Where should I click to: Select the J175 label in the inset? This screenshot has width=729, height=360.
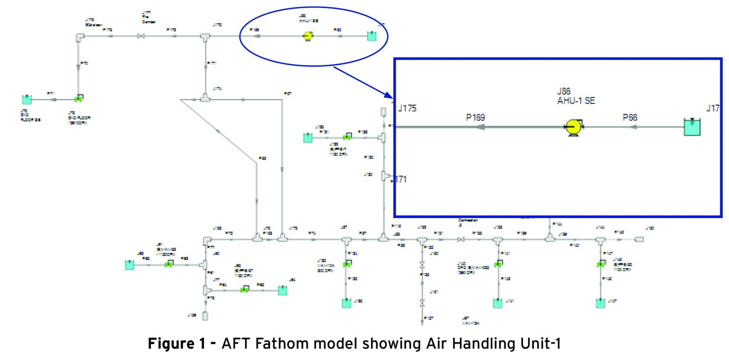coord(407,108)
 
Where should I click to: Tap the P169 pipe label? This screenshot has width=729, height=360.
coord(475,117)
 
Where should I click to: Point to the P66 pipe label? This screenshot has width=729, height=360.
coord(630,117)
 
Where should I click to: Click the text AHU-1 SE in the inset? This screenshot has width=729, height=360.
coord(576,101)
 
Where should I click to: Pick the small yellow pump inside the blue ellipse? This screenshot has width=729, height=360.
coord(307,36)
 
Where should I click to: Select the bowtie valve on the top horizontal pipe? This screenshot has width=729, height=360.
coord(140,36)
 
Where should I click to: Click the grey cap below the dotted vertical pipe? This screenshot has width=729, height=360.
coord(205,315)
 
